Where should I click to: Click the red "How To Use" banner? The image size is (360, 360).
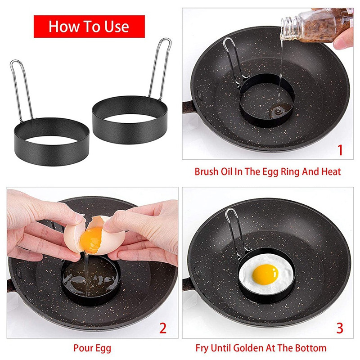click(x=89, y=27)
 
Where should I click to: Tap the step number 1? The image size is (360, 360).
click(x=340, y=150)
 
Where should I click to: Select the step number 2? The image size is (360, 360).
click(x=163, y=328)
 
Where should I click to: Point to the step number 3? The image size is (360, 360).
click(x=340, y=328)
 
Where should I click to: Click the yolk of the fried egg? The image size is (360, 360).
click(x=265, y=274)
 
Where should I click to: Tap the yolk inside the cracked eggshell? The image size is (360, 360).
click(x=91, y=239)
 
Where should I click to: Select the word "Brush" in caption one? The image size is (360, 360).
click(x=207, y=172)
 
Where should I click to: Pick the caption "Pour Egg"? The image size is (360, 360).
click(x=92, y=348)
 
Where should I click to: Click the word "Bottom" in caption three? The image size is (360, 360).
click(x=310, y=348)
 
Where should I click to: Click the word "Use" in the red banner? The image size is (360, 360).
click(x=117, y=27)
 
